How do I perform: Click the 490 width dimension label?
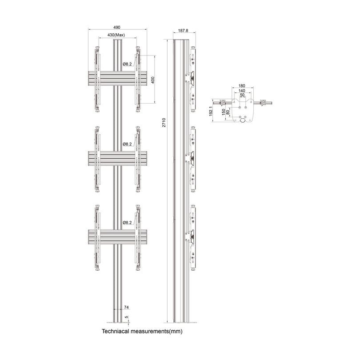(117, 27)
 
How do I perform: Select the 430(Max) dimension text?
(116, 35)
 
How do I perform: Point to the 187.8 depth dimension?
(183, 31)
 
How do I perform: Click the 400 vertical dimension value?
(152, 80)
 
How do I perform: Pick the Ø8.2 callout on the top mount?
(128, 64)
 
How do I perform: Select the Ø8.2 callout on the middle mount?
(128, 144)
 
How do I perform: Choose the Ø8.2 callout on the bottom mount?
(128, 222)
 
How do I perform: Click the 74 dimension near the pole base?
(126, 307)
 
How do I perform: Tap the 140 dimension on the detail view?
(242, 90)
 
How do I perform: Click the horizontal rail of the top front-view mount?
(117, 79)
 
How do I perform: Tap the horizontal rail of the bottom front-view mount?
(117, 237)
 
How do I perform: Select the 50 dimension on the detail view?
(242, 95)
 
